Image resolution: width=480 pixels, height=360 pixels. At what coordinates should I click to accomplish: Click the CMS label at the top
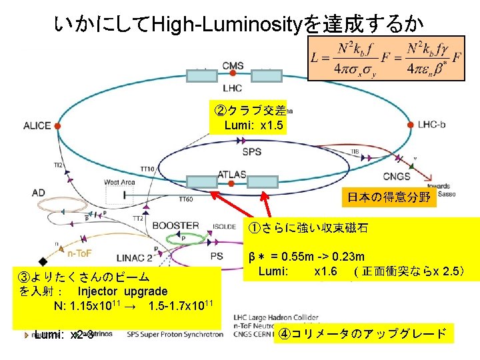[x=233, y=65]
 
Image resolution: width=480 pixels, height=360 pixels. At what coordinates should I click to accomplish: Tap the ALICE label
[x=37, y=125]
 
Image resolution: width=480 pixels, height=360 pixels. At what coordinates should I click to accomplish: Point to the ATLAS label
[x=231, y=175]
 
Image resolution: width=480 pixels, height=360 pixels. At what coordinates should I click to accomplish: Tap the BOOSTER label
[x=176, y=226]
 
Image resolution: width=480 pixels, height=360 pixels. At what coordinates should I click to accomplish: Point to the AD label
[x=38, y=193]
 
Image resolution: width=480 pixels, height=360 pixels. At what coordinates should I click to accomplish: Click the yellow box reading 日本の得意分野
[x=389, y=197]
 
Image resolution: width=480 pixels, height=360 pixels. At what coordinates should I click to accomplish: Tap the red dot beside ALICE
[x=58, y=125]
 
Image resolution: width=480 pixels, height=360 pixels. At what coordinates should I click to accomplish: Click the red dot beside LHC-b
[x=409, y=124]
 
